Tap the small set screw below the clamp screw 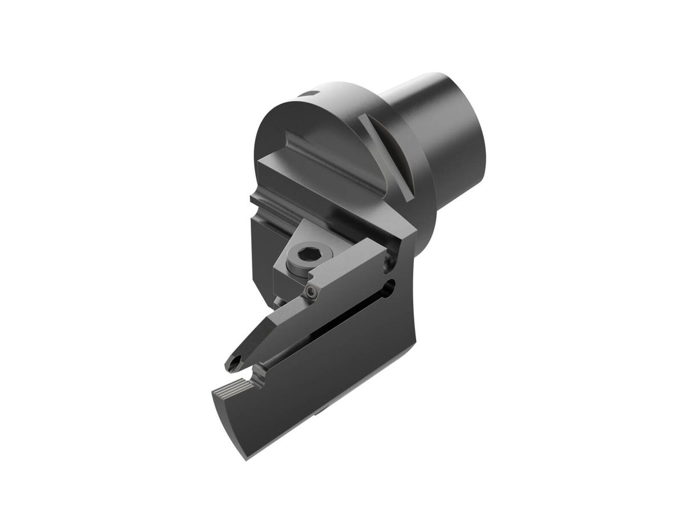[x=310, y=292]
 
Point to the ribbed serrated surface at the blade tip [x=234, y=388]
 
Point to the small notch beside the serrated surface [x=259, y=375]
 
